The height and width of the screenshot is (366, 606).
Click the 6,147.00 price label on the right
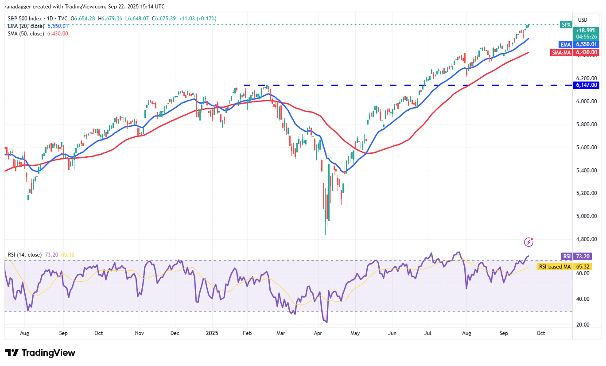(587, 85)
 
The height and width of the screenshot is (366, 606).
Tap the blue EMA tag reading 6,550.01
(587, 44)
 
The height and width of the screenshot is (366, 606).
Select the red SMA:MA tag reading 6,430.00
(587, 52)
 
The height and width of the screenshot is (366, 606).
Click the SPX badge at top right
(566, 25)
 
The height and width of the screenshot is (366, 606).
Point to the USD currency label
(583, 19)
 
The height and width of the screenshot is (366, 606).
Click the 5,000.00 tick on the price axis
(587, 216)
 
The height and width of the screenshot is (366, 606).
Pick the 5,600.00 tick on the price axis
(587, 147)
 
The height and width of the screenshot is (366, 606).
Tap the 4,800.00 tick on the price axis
(587, 239)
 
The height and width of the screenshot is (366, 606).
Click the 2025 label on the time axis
(210, 333)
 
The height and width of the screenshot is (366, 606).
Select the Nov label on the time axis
(140, 333)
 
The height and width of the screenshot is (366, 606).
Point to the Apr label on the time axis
(318, 333)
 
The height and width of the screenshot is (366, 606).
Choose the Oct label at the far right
(541, 333)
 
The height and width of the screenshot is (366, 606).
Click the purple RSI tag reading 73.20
(587, 256)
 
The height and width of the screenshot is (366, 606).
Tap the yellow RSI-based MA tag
(554, 267)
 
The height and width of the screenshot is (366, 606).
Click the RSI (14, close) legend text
(25, 255)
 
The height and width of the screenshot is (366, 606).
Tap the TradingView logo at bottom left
(40, 353)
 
